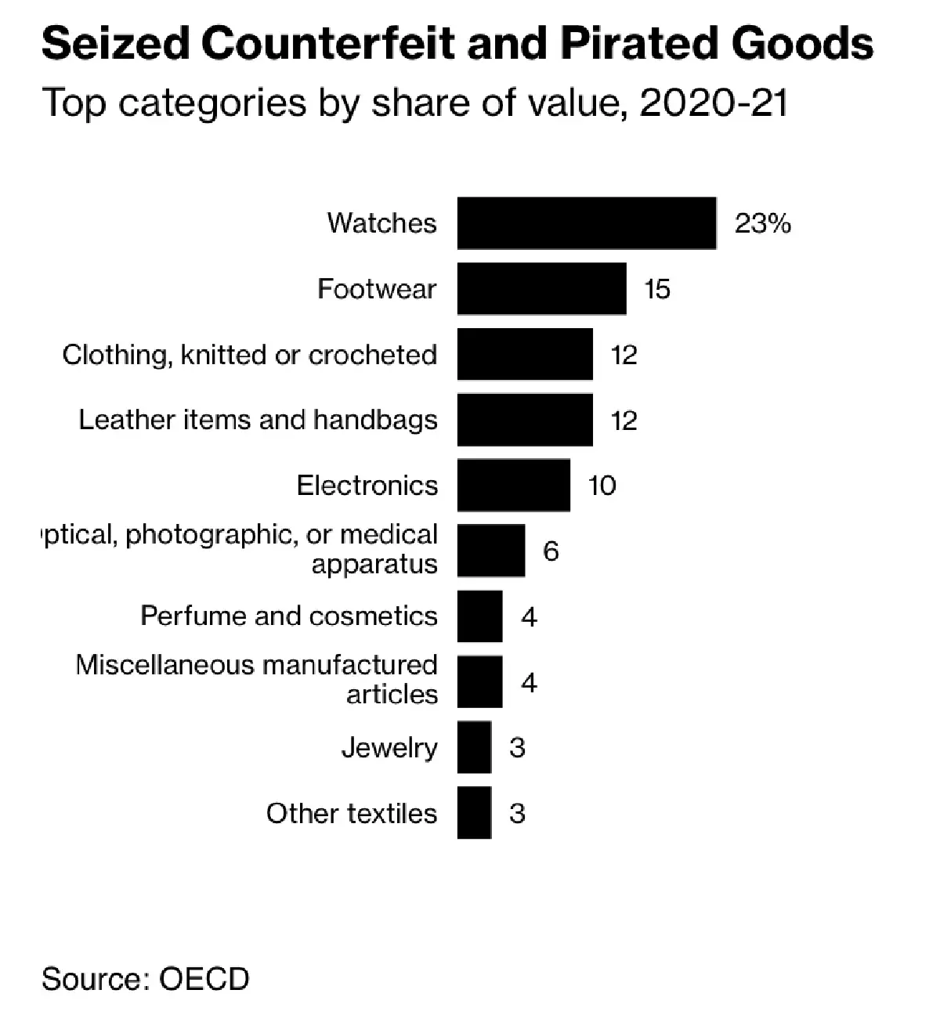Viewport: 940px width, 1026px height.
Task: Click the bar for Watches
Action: [586, 223]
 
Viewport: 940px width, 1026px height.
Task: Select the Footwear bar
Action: [541, 289]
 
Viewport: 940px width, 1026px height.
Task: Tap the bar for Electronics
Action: [513, 486]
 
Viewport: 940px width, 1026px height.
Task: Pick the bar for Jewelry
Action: [474, 748]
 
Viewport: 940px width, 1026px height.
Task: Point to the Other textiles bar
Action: [474, 813]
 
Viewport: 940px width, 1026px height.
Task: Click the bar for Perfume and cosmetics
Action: [479, 616]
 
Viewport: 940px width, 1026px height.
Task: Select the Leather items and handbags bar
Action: [525, 420]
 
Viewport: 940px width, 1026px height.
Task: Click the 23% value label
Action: [762, 224]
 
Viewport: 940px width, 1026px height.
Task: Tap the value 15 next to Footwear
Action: [657, 290]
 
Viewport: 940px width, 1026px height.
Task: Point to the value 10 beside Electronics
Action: [602, 486]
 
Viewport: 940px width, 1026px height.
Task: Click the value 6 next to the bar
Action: [551, 552]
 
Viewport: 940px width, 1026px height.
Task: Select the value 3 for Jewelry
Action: [517, 748]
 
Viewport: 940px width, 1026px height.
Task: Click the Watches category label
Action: [381, 223]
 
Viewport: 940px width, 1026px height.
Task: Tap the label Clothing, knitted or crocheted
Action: [249, 355]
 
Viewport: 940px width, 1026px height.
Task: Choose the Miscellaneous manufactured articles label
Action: [256, 679]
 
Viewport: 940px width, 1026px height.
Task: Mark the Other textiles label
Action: [351, 814]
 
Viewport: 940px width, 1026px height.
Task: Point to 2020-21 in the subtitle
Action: [713, 103]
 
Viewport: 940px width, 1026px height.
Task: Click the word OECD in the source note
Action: [204, 979]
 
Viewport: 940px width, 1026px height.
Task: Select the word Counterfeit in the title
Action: [328, 43]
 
